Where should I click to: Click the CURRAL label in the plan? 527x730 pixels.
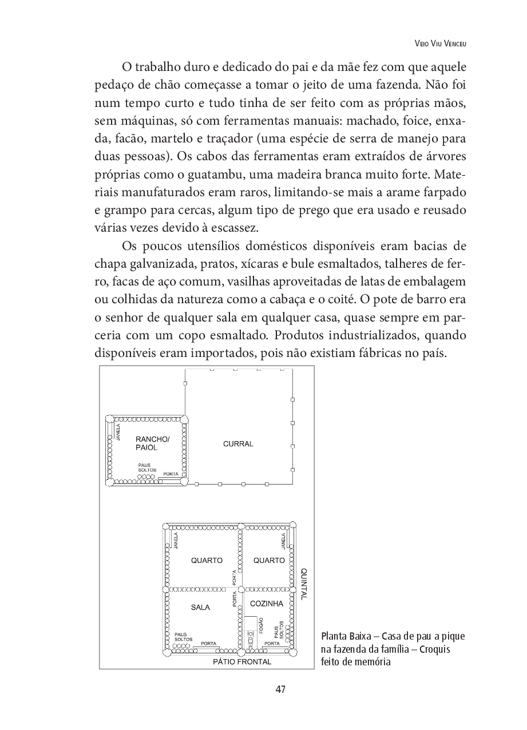(x=238, y=444)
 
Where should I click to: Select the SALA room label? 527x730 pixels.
(x=201, y=607)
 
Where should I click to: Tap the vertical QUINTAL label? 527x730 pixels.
(x=304, y=584)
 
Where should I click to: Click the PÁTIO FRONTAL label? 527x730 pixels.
(x=242, y=662)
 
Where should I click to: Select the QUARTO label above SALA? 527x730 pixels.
(x=207, y=561)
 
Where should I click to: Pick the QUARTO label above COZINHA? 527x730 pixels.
(x=269, y=561)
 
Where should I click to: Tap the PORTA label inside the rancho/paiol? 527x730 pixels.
(x=171, y=474)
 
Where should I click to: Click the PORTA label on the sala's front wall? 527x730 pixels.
(x=208, y=643)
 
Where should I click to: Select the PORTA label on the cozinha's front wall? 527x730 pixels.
(x=272, y=643)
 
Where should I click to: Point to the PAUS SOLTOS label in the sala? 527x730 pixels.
(x=183, y=637)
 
